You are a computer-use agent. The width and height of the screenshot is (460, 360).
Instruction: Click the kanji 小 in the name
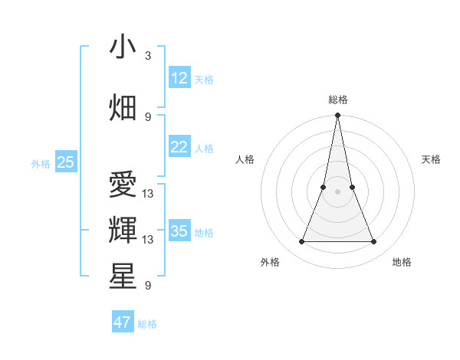(123, 47)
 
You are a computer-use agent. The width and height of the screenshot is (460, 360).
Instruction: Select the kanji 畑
(123, 107)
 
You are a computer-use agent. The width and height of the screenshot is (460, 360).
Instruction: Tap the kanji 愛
(123, 185)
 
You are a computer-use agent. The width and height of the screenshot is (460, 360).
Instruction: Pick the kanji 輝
(123, 230)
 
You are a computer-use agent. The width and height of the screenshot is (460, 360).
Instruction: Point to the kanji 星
(123, 276)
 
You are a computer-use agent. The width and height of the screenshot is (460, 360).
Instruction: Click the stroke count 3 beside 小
(148, 56)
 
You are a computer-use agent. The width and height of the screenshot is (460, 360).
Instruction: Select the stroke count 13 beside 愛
(148, 194)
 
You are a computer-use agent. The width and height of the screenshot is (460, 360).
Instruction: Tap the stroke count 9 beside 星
(148, 286)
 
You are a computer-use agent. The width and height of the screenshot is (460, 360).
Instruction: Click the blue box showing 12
(179, 78)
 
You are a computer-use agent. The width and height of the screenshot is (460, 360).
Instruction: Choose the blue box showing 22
(179, 147)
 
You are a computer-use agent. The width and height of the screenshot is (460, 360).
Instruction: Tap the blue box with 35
(179, 231)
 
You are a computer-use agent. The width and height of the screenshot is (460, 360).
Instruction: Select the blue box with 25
(65, 162)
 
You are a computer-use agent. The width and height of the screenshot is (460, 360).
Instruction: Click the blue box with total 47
(123, 322)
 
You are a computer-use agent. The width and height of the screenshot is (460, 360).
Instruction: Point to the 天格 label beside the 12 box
(204, 80)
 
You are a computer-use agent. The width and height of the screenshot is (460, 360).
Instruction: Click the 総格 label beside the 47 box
(147, 324)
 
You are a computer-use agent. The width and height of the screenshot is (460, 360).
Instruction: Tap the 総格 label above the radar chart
(337, 100)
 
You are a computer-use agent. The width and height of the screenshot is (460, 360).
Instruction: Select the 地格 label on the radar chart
(402, 262)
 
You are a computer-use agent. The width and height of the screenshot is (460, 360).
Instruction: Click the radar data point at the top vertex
(337, 116)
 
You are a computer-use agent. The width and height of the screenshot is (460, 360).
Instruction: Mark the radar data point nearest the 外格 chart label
(301, 242)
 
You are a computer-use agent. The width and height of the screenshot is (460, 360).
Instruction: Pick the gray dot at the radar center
(337, 191)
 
